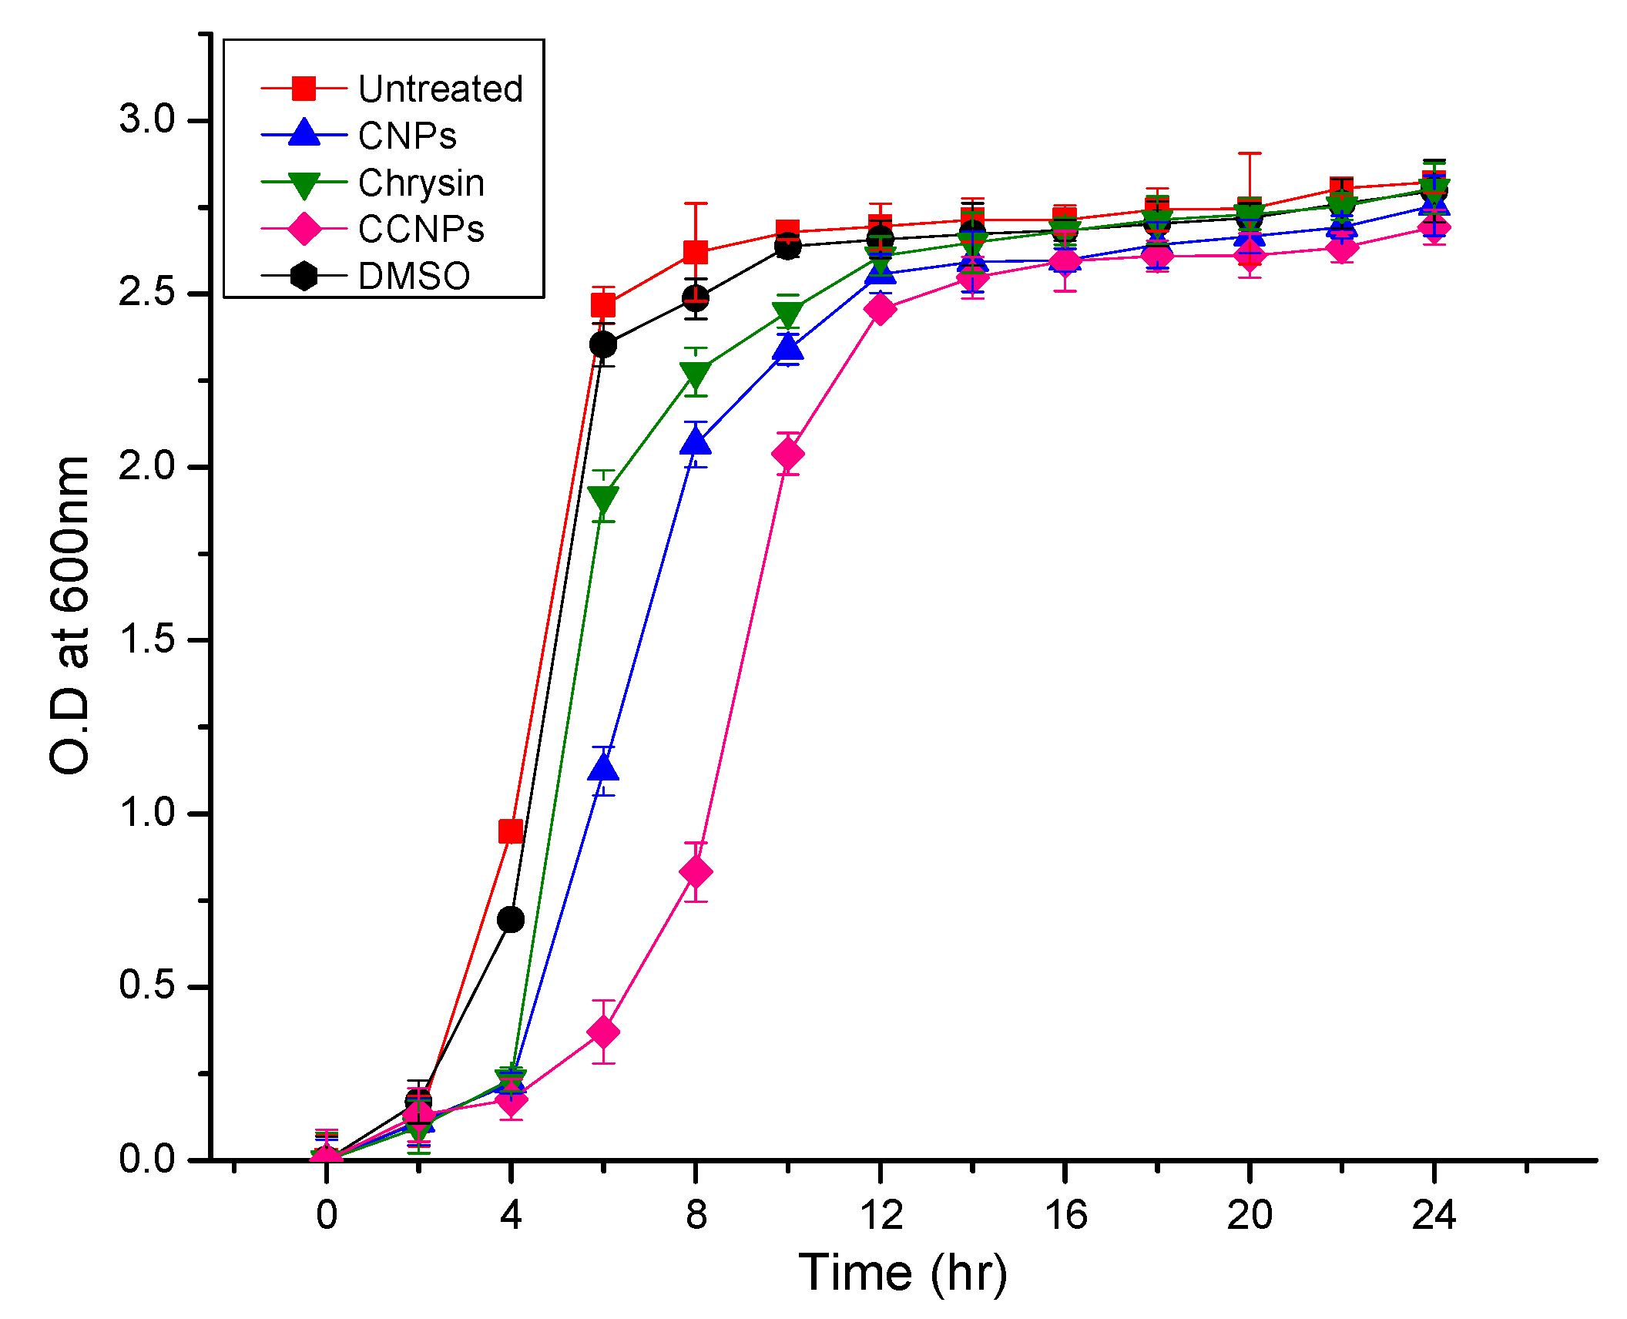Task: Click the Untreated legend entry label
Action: coord(440,89)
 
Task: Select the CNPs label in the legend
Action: coord(407,136)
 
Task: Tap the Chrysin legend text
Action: coord(421,183)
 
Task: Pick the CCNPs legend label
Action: coord(421,230)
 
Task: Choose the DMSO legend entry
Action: coord(414,277)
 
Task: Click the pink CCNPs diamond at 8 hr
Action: coord(696,872)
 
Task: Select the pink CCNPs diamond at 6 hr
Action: coord(603,1032)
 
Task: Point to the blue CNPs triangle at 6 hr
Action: coord(603,768)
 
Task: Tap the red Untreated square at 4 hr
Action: coord(511,831)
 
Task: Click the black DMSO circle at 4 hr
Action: coord(511,919)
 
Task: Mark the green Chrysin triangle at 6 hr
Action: coord(603,499)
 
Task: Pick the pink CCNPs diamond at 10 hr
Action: coord(788,454)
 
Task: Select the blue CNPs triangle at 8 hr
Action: coord(696,442)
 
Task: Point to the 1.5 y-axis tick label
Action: coord(146,639)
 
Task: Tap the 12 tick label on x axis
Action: coord(880,1216)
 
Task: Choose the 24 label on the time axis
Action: coord(1434,1216)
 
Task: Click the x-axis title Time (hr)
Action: coord(903,1273)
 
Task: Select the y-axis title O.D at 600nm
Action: coord(69,615)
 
